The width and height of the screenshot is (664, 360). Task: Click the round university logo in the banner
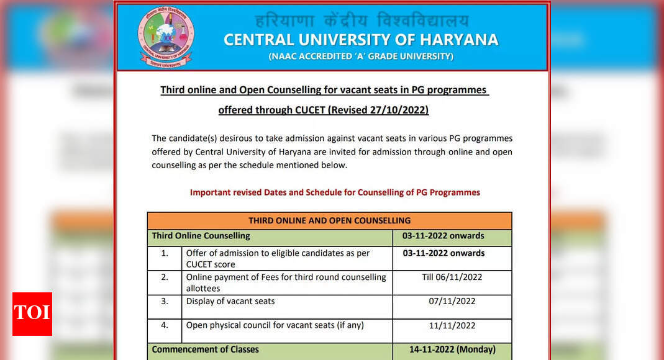click(x=166, y=37)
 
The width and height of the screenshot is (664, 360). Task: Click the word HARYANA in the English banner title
click(x=460, y=40)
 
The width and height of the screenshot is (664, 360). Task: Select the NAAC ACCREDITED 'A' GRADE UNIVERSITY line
click(x=360, y=56)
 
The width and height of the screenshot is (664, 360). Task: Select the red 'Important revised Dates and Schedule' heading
click(x=335, y=192)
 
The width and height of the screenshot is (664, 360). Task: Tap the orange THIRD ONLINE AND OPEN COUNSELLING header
click(x=329, y=220)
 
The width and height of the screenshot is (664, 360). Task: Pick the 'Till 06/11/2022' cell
click(x=452, y=277)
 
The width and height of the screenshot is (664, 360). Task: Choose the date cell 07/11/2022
click(x=452, y=301)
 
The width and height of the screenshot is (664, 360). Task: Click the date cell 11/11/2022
click(x=452, y=325)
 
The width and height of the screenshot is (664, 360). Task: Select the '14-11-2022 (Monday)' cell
click(x=452, y=349)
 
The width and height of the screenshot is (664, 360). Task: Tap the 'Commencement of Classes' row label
click(x=205, y=349)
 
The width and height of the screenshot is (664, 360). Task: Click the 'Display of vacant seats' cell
click(x=230, y=301)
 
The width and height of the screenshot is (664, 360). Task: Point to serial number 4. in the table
click(x=165, y=325)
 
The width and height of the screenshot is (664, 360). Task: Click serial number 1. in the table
click(x=165, y=253)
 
